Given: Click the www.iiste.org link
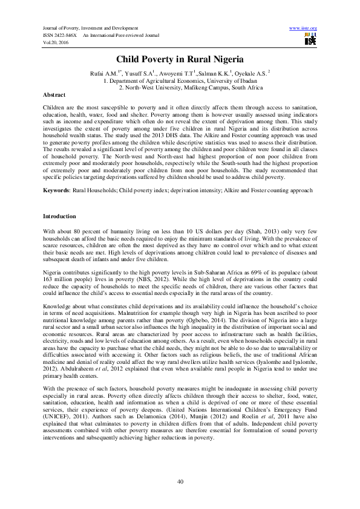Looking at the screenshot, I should (304, 28).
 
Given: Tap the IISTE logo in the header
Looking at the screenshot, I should (310, 40).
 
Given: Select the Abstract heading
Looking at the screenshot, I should (54, 96).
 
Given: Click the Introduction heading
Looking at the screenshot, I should (59, 216).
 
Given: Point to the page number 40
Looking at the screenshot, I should (180, 481).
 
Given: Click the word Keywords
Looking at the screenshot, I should (56, 190).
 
